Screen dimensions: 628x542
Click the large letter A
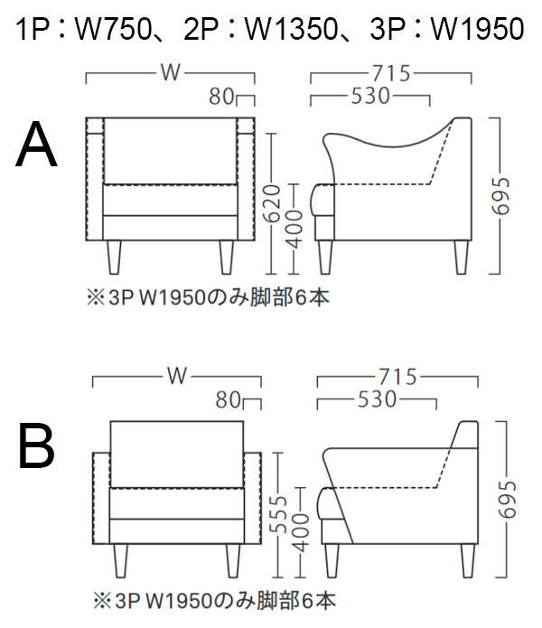click(x=37, y=145)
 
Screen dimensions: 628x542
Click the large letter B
click(x=36, y=446)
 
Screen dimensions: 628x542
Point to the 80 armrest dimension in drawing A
click(x=222, y=96)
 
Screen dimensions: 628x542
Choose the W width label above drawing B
click(x=177, y=375)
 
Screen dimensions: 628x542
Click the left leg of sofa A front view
click(x=115, y=257)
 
